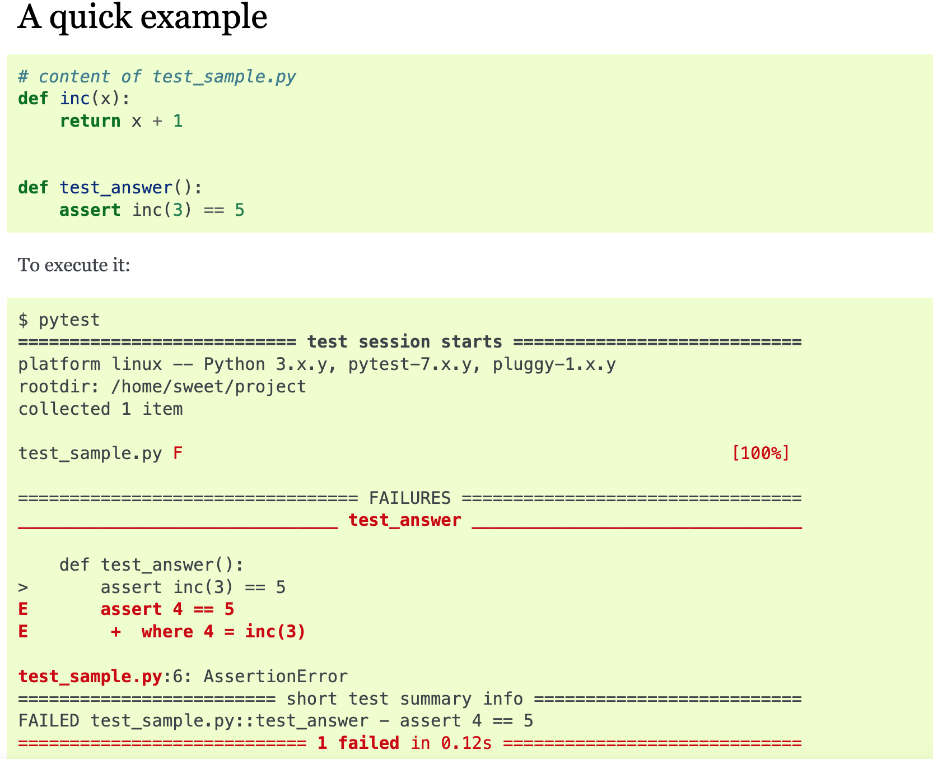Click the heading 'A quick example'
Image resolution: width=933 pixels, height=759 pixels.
[x=142, y=17]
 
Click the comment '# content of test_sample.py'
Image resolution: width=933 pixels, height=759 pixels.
[x=157, y=76]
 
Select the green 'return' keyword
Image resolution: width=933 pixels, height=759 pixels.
[x=90, y=121]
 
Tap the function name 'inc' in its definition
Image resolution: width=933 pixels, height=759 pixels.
[x=75, y=99]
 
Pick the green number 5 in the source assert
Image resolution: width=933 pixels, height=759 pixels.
[x=239, y=210]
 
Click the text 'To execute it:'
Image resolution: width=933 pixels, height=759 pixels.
[x=74, y=265]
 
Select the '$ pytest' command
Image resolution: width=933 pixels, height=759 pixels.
[x=59, y=320]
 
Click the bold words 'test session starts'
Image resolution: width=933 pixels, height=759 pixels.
[x=404, y=342]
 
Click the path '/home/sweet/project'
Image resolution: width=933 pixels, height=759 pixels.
[x=208, y=387]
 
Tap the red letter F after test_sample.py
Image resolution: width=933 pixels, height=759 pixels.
[x=178, y=453]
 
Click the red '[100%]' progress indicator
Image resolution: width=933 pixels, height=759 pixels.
[x=761, y=453]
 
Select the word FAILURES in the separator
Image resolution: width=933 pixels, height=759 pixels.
[x=409, y=498]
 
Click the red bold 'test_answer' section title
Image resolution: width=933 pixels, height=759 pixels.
[x=404, y=520]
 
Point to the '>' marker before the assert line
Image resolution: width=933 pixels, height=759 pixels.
[x=23, y=587]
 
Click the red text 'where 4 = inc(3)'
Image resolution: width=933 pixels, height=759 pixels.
[x=223, y=632]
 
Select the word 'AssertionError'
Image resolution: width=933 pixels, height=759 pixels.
[x=275, y=677]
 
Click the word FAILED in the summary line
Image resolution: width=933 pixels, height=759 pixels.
[x=49, y=721]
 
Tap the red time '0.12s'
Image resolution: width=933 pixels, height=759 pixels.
[x=466, y=743]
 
